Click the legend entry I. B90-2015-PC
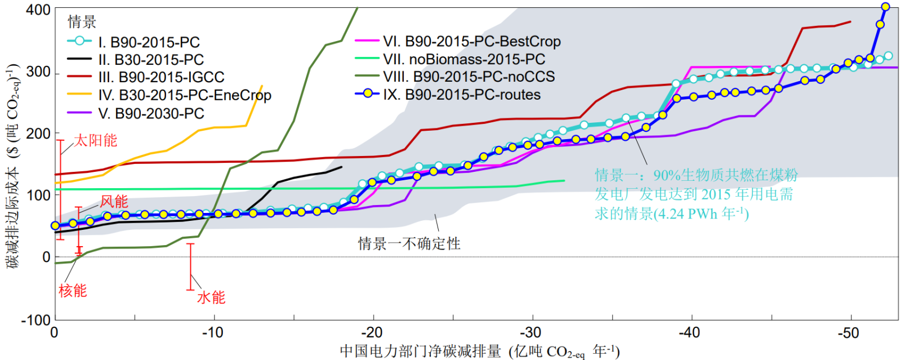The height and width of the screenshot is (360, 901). click(149, 42)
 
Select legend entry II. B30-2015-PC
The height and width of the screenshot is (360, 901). click(151, 60)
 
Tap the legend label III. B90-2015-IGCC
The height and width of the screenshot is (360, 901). click(161, 77)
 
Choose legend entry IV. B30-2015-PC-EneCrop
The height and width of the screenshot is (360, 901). click(185, 95)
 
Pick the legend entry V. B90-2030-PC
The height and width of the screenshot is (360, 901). click(151, 113)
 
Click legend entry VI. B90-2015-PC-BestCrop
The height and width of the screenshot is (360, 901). click(472, 41)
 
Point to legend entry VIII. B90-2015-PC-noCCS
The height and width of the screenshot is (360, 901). click(469, 77)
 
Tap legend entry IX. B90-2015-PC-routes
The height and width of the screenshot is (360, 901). click(462, 95)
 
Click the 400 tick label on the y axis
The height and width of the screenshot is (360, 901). click(38, 10)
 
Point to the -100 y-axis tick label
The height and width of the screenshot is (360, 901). click(36, 319)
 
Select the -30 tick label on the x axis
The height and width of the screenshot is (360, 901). click(530, 333)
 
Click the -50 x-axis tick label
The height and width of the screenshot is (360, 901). click(849, 333)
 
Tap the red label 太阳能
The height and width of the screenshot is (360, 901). click(96, 140)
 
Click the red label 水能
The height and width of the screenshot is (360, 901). click(211, 297)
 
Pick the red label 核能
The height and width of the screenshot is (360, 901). click(73, 291)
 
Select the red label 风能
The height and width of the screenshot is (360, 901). click(114, 201)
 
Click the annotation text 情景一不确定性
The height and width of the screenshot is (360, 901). click(409, 243)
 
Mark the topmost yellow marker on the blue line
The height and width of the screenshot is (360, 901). click(885, 7)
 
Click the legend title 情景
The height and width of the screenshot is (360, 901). click(82, 22)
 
